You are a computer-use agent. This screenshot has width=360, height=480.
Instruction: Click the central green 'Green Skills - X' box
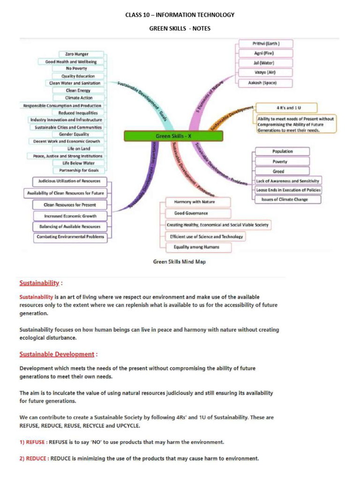click(173, 136)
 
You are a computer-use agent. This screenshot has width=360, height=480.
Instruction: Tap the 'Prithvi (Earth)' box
click(266, 44)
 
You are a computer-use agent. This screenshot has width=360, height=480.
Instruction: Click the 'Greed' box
click(278, 172)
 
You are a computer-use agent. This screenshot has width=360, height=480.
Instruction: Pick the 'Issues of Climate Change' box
click(288, 199)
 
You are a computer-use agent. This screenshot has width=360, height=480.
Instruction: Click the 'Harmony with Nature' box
click(195, 202)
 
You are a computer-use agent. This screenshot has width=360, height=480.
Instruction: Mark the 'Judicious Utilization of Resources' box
click(69, 181)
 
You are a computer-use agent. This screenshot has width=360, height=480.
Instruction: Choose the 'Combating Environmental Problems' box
click(70, 237)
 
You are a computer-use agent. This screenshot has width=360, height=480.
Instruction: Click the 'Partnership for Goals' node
click(79, 170)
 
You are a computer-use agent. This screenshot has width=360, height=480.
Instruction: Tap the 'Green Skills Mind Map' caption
click(180, 262)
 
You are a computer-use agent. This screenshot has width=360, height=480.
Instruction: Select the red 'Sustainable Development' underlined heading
click(57, 354)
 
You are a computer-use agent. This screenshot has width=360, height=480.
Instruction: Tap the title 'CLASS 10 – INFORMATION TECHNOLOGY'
click(180, 15)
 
